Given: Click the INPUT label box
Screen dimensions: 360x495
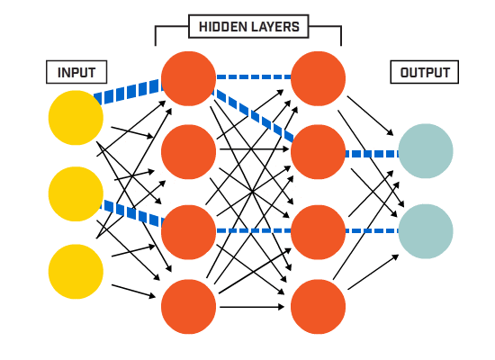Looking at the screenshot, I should (76, 72).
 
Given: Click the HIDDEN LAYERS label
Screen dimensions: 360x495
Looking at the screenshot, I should (248, 27).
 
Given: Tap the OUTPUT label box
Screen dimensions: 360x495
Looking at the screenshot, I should (425, 72).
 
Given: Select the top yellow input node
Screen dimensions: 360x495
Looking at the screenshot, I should (76, 118).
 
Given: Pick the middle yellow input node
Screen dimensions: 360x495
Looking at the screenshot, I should (76, 193).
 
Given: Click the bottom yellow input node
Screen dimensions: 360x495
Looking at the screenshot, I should (76, 271).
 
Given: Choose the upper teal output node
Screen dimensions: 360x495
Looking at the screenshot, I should (426, 151).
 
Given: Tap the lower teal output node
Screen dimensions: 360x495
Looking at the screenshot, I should (426, 230).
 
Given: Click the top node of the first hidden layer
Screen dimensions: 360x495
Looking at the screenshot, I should (189, 78).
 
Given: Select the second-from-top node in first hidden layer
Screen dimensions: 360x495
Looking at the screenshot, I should (189, 151).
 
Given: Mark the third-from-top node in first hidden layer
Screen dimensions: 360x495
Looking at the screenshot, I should (189, 231).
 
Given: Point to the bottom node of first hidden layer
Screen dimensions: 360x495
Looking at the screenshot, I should (189, 306).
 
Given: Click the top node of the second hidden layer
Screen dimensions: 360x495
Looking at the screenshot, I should (319, 78).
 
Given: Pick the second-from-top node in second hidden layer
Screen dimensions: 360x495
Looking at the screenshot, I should (319, 151).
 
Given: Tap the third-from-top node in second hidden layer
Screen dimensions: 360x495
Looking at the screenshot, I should (319, 231).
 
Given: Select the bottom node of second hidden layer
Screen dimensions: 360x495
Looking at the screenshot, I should (319, 306).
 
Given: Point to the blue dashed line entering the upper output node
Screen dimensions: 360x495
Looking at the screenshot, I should (372, 154).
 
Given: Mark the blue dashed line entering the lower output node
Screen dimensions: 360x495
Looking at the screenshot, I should (372, 231).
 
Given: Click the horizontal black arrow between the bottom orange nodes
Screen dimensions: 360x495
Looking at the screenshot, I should (253, 307).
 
